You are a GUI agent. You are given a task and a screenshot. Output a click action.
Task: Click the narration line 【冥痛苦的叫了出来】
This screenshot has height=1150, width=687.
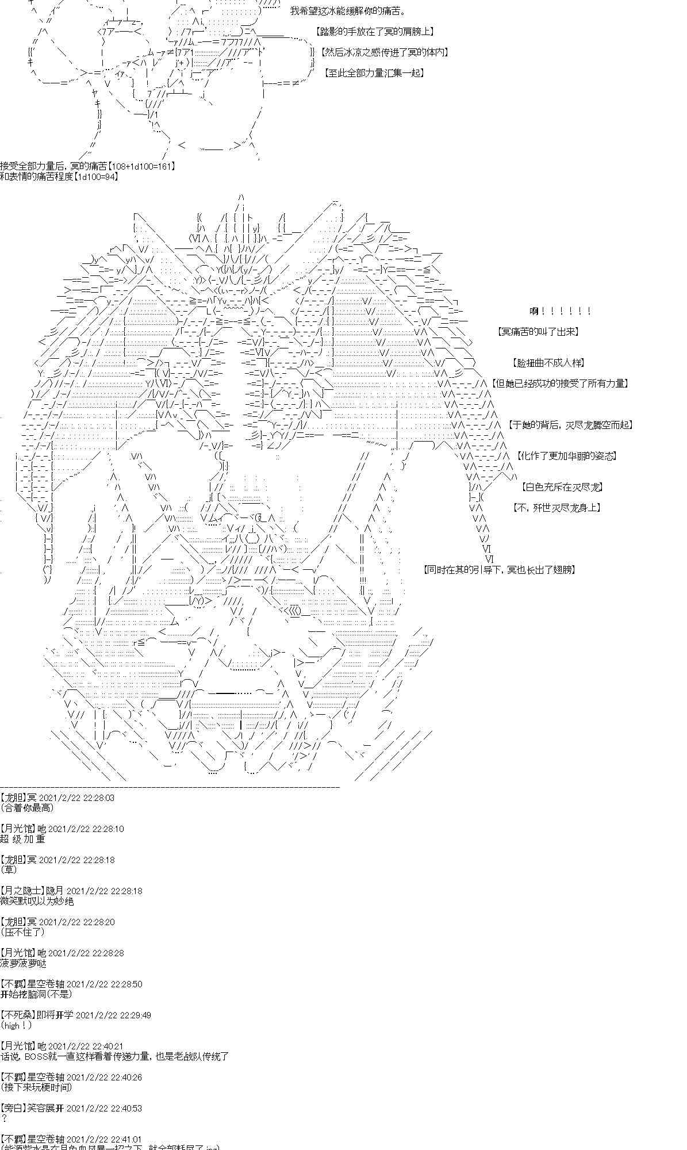(538, 332)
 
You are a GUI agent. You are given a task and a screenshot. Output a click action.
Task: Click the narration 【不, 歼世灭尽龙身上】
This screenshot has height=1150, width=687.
(556, 507)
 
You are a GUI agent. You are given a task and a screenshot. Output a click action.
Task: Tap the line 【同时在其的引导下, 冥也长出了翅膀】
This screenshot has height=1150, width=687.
(499, 570)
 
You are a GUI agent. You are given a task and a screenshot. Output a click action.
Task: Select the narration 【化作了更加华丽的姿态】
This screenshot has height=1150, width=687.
(567, 456)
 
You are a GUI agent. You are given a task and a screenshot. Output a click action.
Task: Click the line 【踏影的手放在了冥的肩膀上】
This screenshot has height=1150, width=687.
(375, 32)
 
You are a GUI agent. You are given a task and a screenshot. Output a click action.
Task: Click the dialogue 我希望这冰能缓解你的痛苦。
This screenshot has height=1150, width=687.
(347, 11)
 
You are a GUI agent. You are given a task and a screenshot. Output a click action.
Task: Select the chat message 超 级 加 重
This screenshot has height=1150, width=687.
(22, 839)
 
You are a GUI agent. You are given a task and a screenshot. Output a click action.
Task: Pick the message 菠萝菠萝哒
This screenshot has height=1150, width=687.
(23, 963)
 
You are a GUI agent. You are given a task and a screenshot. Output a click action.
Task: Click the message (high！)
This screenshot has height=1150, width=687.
(18, 1025)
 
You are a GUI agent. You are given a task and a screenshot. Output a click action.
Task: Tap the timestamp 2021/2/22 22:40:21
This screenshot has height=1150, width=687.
(86, 1046)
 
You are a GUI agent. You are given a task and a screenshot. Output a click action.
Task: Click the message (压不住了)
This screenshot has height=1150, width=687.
(22, 932)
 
